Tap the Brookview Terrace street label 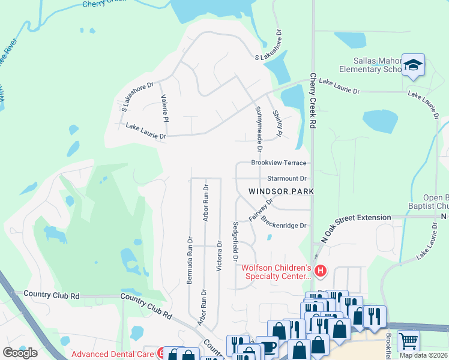(x=279, y=163)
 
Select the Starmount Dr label (x=286, y=178)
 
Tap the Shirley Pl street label (x=277, y=123)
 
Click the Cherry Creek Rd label (x=313, y=101)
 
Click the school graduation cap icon (x=413, y=65)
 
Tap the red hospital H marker (x=321, y=271)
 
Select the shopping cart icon (x=408, y=341)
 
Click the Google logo (x=20, y=353)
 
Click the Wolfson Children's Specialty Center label (x=277, y=272)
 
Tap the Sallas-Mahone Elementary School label (x=369, y=65)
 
